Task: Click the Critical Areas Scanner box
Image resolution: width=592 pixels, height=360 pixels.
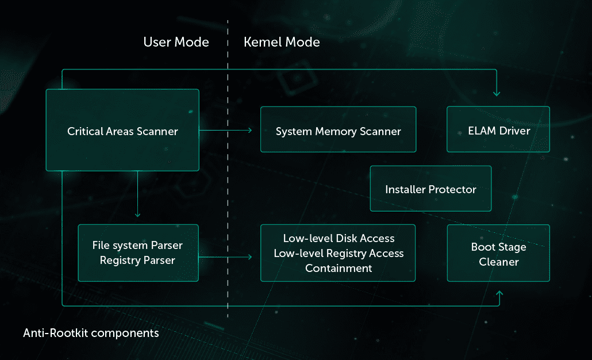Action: click(x=122, y=131)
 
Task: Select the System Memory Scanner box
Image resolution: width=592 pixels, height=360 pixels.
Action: click(x=338, y=131)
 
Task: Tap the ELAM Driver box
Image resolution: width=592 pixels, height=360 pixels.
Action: click(x=498, y=131)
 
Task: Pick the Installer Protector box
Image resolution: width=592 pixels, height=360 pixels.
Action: click(x=430, y=189)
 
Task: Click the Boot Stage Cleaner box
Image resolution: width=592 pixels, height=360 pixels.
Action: click(x=498, y=254)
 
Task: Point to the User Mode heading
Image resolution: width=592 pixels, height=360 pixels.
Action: click(x=176, y=42)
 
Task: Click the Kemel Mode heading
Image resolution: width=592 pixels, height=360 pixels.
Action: click(x=282, y=42)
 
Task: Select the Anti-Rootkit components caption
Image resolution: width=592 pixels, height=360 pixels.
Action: click(x=91, y=333)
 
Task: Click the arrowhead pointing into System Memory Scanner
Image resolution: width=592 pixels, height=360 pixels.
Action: click(x=249, y=131)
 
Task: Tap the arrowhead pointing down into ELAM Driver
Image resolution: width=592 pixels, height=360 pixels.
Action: click(x=497, y=93)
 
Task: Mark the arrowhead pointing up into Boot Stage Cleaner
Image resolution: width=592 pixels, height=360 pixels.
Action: click(x=499, y=294)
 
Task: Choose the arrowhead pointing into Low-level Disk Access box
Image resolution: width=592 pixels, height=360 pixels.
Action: click(x=249, y=257)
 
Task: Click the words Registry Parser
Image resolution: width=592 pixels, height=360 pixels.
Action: click(x=137, y=261)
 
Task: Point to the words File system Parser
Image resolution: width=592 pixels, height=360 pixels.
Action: click(x=137, y=246)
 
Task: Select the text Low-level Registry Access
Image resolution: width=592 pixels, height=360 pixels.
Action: click(x=339, y=253)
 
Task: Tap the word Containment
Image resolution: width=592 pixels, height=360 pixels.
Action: click(x=339, y=268)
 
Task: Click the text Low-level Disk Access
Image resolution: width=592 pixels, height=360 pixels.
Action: click(x=339, y=238)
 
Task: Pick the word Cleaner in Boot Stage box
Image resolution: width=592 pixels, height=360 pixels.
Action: click(x=499, y=262)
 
